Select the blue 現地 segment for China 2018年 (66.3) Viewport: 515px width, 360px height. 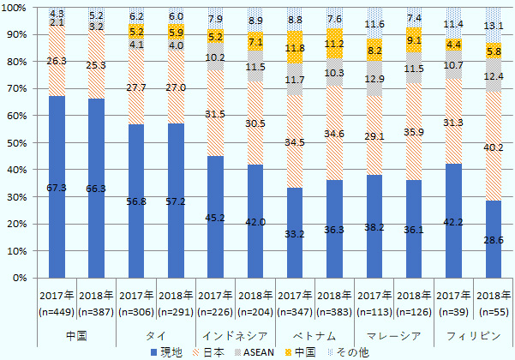coord(96,189)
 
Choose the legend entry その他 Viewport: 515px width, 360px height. coord(350,351)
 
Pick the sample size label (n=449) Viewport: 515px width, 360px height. coord(57,312)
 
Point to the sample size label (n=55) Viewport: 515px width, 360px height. coord(493,312)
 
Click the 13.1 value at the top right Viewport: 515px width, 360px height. coord(493,25)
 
